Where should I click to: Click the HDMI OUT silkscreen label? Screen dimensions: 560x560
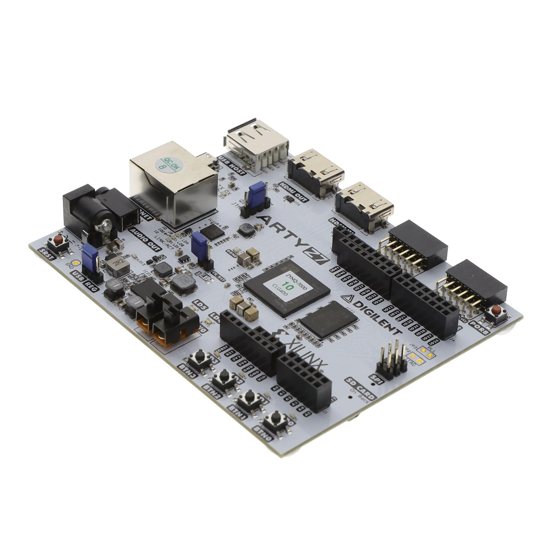coord(294,192)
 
